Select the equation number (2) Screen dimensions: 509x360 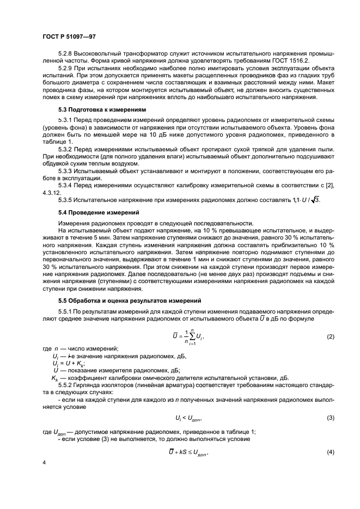click(x=330, y=337)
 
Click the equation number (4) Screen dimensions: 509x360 click(x=330, y=452)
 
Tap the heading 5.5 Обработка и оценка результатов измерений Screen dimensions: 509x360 click(x=130, y=300)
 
